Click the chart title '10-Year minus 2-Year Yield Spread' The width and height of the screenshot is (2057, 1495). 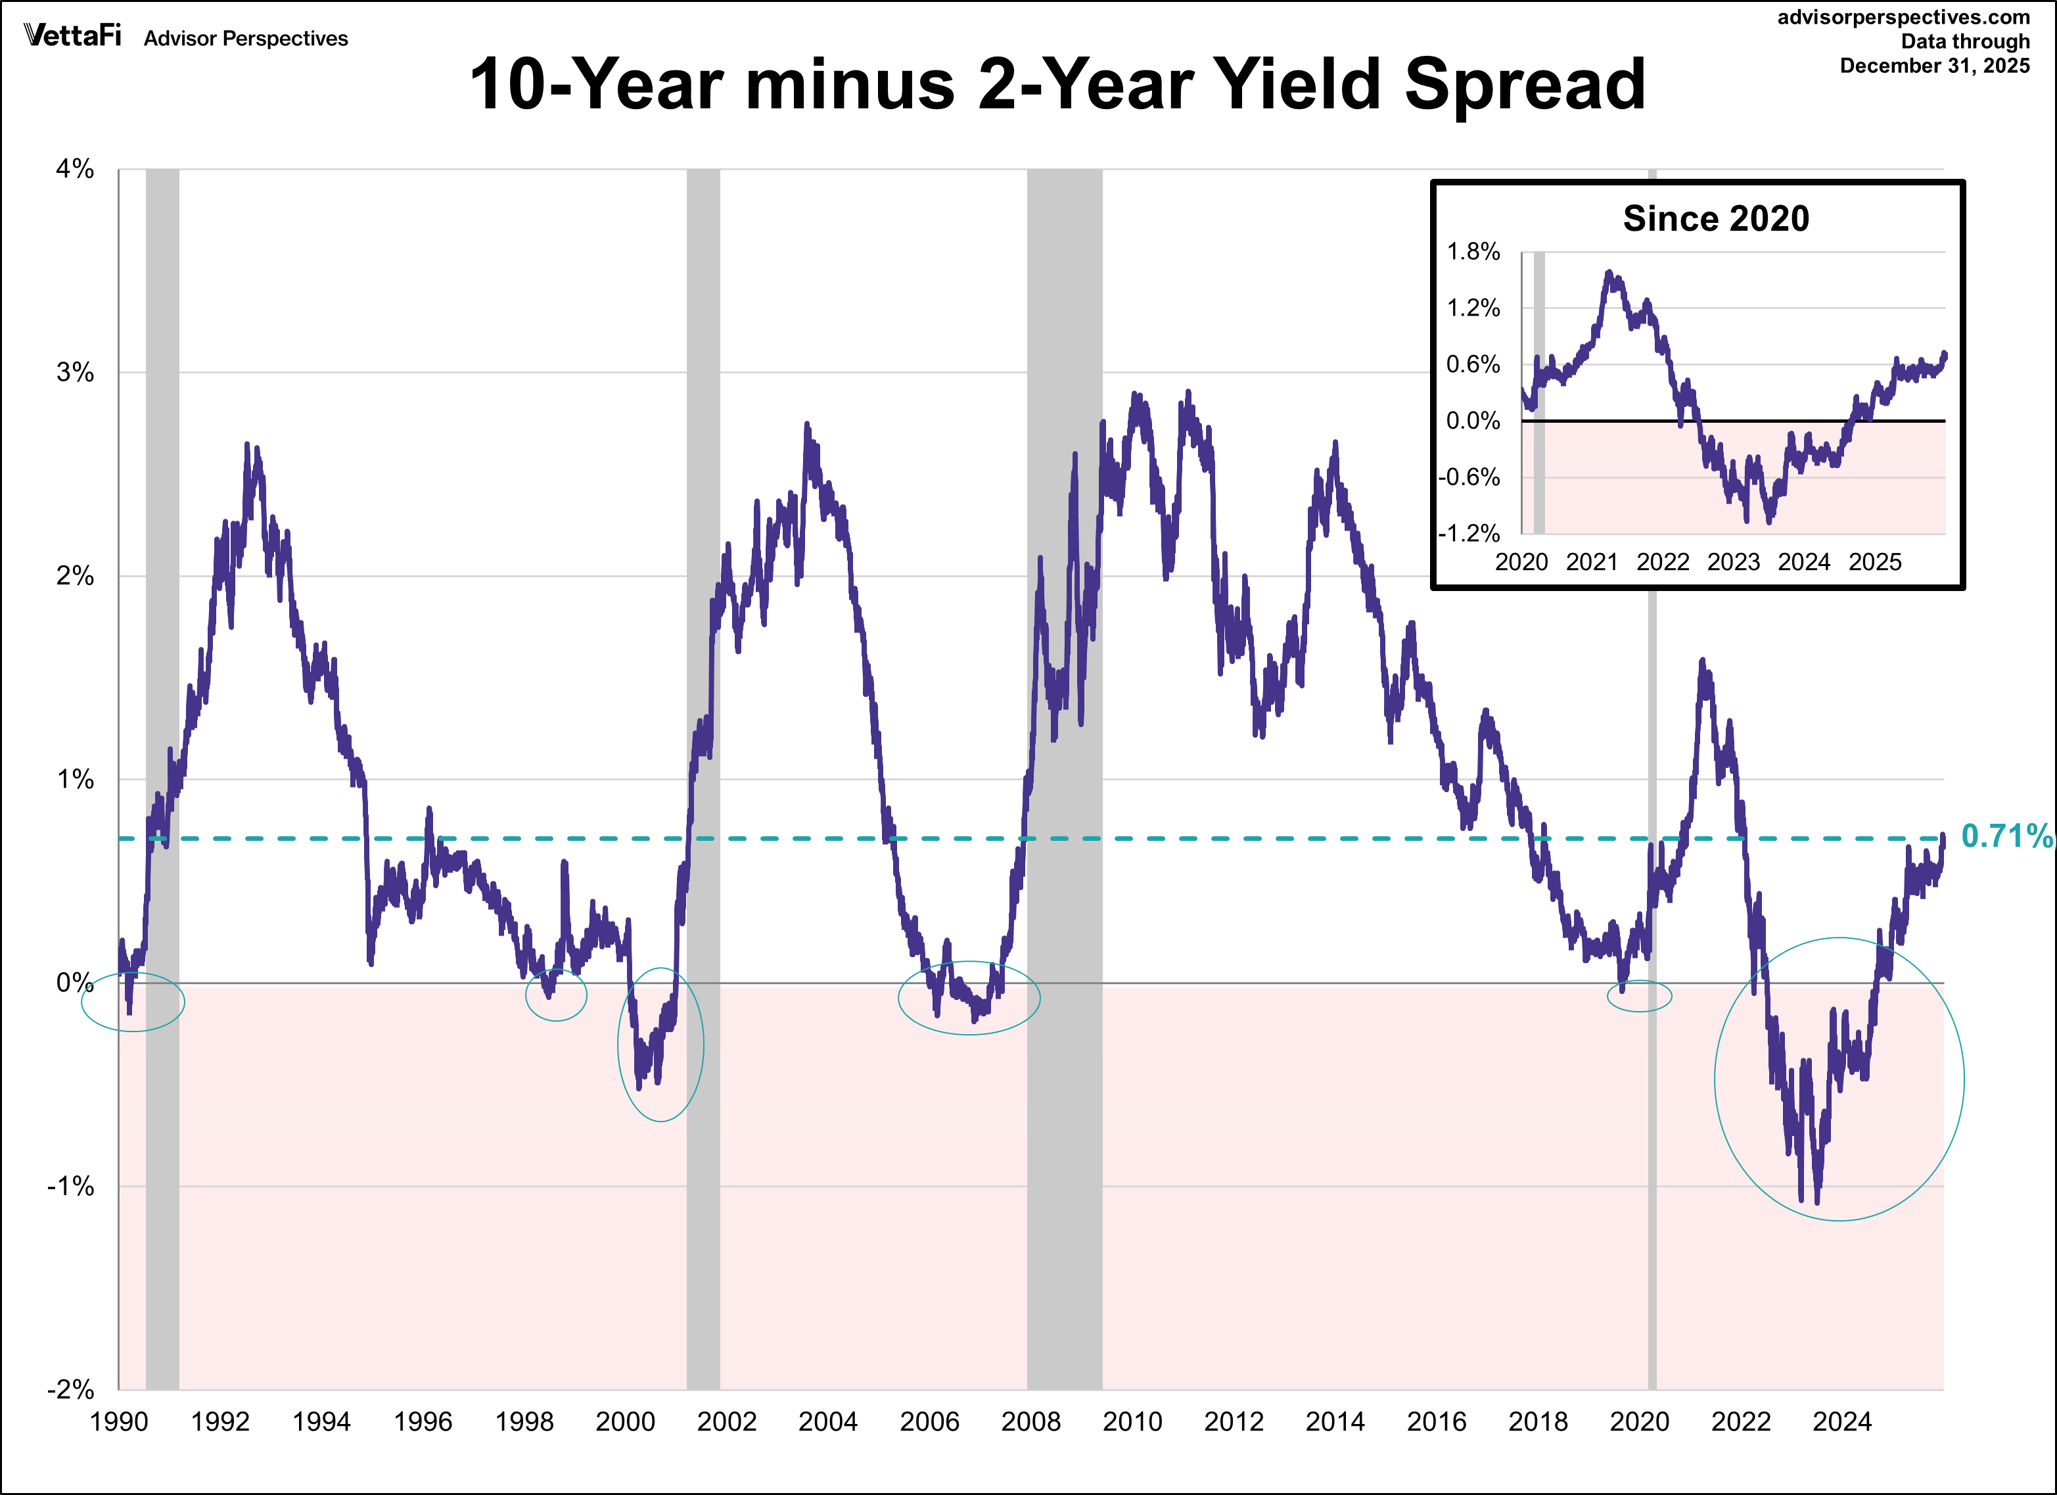(1057, 84)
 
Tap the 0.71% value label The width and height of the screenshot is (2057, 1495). (2006, 836)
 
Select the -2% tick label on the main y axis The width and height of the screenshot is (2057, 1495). (71, 1389)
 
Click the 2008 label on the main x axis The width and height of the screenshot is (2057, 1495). (1030, 1421)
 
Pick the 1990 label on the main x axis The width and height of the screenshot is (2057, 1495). (119, 1421)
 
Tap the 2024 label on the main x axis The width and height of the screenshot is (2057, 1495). (1842, 1421)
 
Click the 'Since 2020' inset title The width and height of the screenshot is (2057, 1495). (1715, 219)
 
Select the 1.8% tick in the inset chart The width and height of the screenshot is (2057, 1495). (1473, 252)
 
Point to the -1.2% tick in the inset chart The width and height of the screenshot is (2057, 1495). (1469, 533)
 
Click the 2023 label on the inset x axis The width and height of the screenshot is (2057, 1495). (1733, 563)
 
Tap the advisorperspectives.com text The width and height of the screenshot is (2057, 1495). (1903, 17)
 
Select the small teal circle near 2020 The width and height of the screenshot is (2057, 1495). (1639, 996)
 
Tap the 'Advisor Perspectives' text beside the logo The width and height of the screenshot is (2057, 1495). (246, 38)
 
